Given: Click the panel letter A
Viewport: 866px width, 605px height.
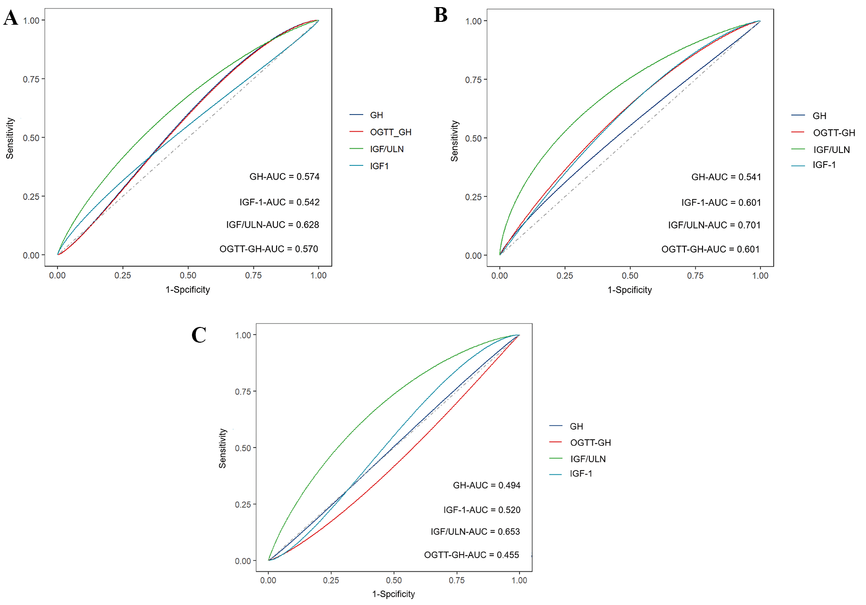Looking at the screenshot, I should [11, 18].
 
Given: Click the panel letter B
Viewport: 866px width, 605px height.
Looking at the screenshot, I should [441, 15].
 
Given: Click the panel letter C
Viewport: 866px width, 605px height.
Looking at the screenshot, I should [199, 335].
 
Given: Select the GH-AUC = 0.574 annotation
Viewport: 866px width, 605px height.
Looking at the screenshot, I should [284, 177].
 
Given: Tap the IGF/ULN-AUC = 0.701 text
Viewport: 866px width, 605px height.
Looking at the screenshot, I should [714, 225].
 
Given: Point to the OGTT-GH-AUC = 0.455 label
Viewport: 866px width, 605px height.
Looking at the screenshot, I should [471, 555].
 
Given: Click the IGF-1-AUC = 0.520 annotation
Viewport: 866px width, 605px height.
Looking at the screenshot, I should [481, 510].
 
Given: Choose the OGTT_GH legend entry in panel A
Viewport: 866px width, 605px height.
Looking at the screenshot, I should [390, 132].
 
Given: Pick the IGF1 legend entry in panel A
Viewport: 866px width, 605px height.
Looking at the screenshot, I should [379, 166].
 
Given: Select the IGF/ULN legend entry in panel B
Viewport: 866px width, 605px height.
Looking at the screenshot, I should [831, 150].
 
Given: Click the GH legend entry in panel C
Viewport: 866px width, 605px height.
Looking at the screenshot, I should [576, 426].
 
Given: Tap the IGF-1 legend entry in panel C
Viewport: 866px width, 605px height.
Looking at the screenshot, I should [581, 473].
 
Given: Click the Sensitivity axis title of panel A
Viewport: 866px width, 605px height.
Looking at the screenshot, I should [10, 138].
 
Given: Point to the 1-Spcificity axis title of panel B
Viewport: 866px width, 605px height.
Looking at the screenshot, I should [629, 290].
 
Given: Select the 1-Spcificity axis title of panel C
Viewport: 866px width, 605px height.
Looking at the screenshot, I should [393, 594].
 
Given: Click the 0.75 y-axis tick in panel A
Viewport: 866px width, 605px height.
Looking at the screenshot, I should [31, 79].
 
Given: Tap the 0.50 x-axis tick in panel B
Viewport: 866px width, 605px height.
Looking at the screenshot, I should [630, 276].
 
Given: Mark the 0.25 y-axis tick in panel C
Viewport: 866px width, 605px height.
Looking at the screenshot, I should [242, 505].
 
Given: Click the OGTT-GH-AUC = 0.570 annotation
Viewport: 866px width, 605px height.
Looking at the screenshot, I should [269, 249].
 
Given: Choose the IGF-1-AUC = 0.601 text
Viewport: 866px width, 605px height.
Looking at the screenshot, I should [721, 203].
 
